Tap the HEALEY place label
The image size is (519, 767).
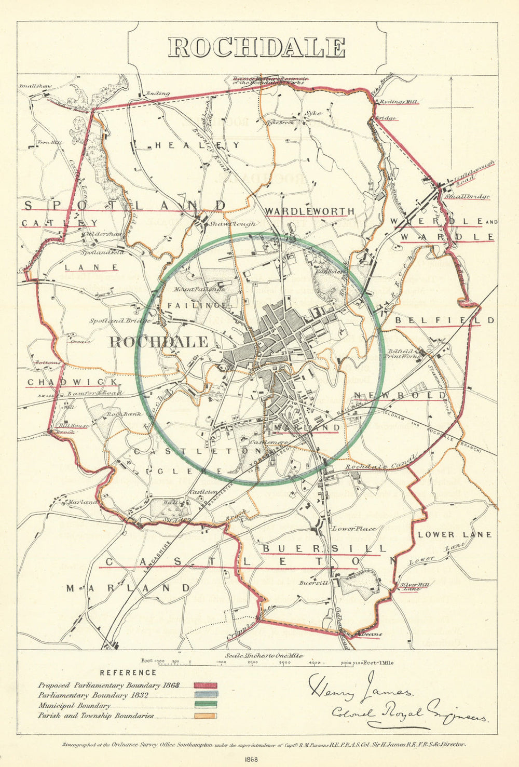198,146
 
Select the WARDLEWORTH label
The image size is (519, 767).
310,211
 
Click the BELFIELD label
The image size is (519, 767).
445,320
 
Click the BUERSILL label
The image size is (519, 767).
324,549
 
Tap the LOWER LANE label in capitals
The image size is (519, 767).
455,534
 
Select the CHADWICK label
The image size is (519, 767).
73,382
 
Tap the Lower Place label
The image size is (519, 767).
354,529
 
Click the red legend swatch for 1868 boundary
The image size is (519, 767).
206,686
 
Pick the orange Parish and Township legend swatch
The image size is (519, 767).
206,716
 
